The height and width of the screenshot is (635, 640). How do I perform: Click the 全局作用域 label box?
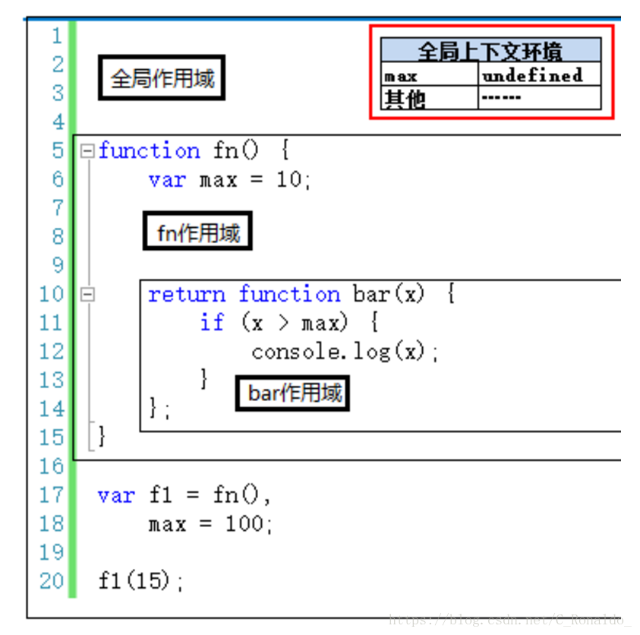pyautogui.click(x=162, y=78)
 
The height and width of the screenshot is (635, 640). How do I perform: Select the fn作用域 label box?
pyautogui.click(x=197, y=233)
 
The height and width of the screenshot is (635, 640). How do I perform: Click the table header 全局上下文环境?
pyautogui.click(x=490, y=52)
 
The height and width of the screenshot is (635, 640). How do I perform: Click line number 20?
pyautogui.click(x=52, y=581)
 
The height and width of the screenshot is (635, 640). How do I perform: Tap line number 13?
pyautogui.click(x=52, y=380)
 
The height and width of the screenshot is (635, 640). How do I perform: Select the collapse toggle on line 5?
pyautogui.click(x=87, y=150)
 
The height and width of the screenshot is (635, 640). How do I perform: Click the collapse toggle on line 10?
pyautogui.click(x=87, y=294)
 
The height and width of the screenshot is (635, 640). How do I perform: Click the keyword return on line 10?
pyautogui.click(x=187, y=295)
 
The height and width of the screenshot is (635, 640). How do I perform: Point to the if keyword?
pyautogui.click(x=212, y=323)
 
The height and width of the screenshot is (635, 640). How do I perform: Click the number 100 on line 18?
pyautogui.click(x=244, y=524)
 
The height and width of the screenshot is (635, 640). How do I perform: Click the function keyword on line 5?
pyautogui.click(x=149, y=150)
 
